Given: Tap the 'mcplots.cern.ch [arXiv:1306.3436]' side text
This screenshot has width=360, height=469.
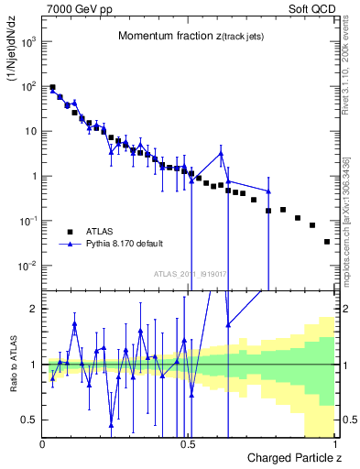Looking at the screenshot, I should tap(346, 216).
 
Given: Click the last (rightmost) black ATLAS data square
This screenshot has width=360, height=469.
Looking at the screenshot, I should tap(327, 242).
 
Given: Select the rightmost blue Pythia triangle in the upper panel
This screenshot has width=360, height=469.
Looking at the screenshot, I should tap(268, 191).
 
